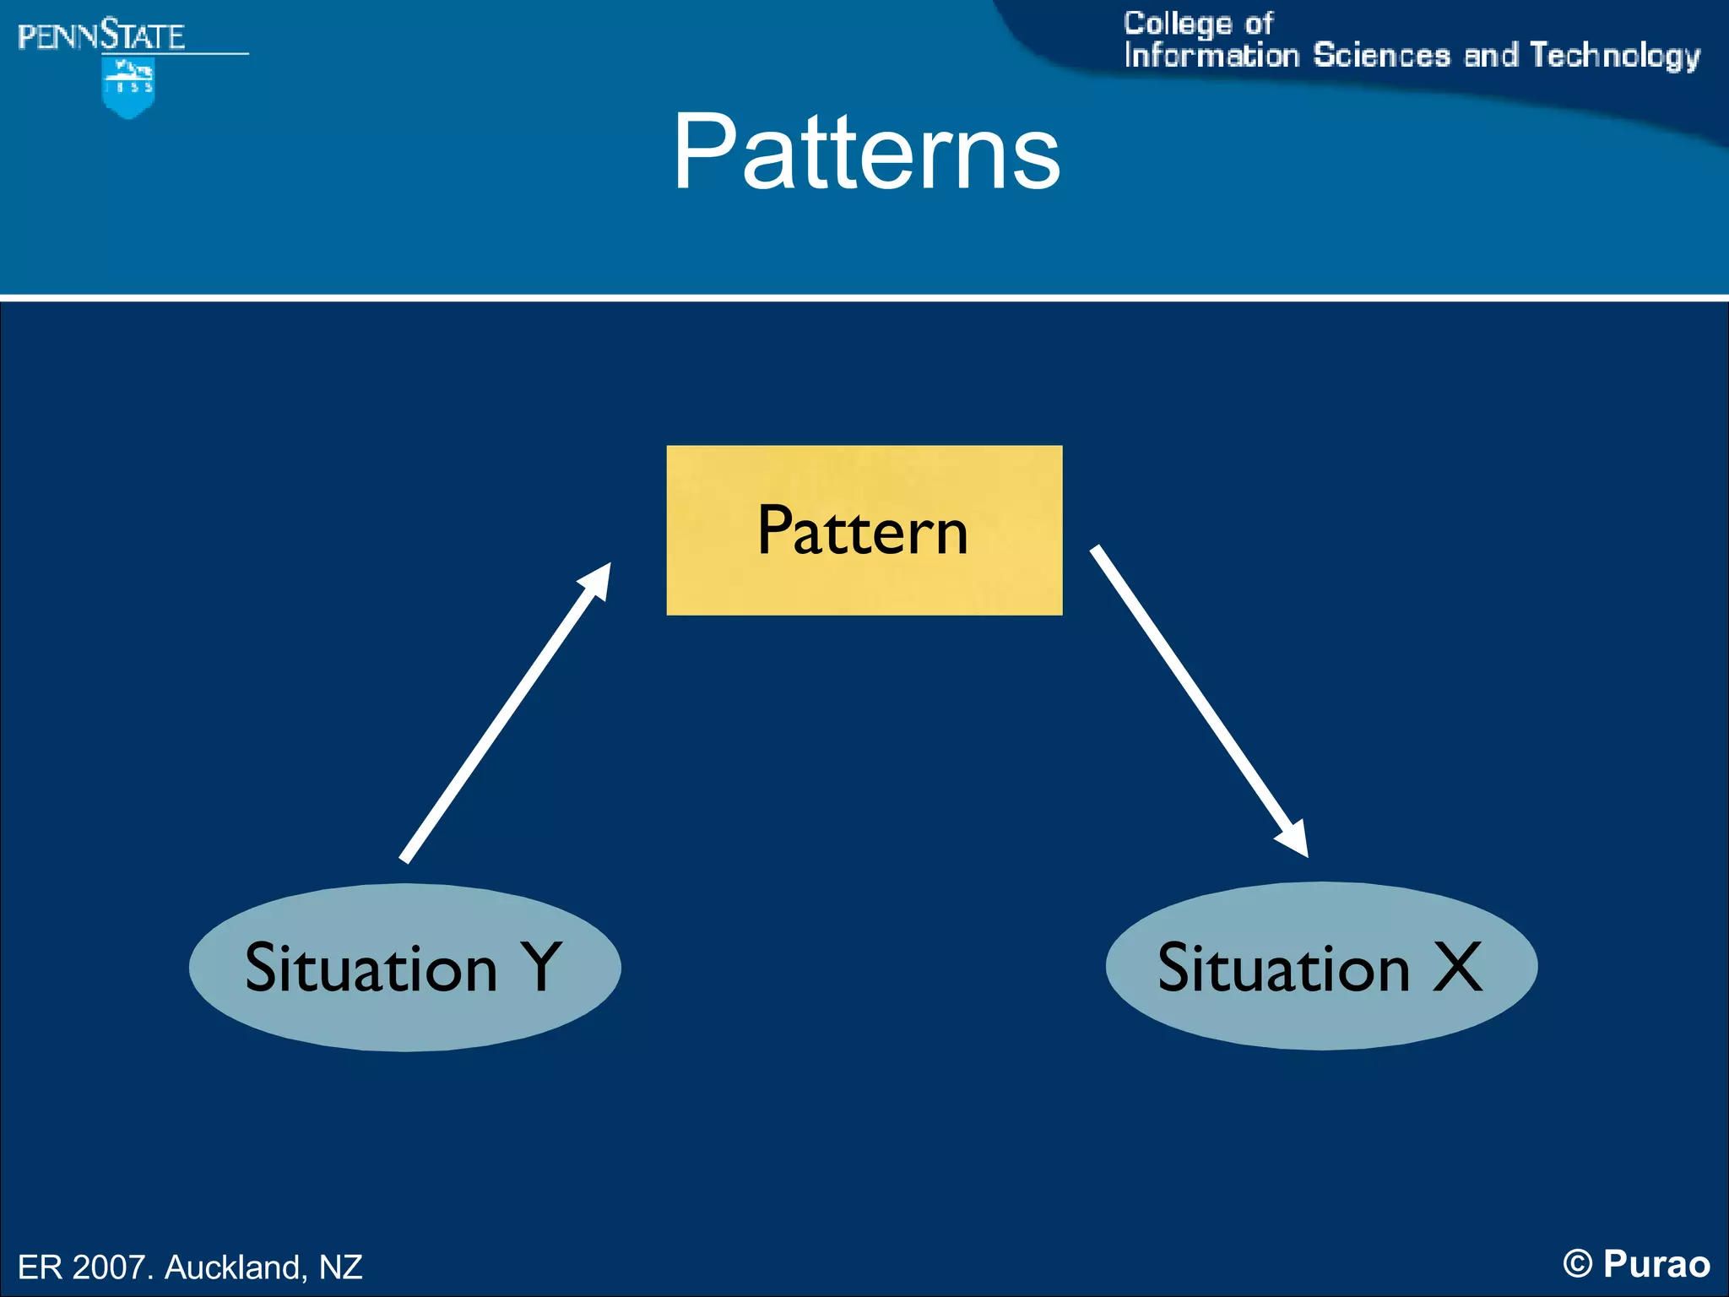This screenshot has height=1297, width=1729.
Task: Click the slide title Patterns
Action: pyautogui.click(x=866, y=153)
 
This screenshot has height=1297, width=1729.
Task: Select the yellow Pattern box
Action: pyautogui.click(x=864, y=530)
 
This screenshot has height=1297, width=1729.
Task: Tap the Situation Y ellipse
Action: pyautogui.click(x=404, y=968)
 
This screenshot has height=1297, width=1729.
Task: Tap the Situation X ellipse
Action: pyautogui.click(x=1321, y=966)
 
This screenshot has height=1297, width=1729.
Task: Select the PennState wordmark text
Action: pyautogui.click(x=101, y=36)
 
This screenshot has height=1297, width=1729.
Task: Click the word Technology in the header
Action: pyautogui.click(x=1614, y=56)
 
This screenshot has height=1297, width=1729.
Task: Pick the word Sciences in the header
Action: pyautogui.click(x=1381, y=56)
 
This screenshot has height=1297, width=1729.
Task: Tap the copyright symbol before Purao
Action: pyautogui.click(x=1577, y=1264)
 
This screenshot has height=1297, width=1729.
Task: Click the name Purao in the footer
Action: pyautogui.click(x=1656, y=1264)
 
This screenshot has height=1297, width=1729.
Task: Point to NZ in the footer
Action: pyautogui.click(x=340, y=1267)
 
